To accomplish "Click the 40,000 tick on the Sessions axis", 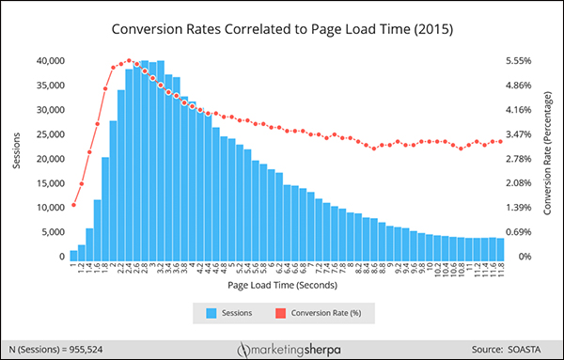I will (x=43, y=60).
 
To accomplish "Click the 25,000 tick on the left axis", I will (x=43, y=133).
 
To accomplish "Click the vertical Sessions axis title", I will (x=16, y=158).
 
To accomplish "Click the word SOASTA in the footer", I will (x=531, y=342).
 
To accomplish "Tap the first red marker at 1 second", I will (x=73, y=205).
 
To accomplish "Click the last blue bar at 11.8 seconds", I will (x=501, y=247).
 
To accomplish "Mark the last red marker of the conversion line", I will (x=501, y=142).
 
